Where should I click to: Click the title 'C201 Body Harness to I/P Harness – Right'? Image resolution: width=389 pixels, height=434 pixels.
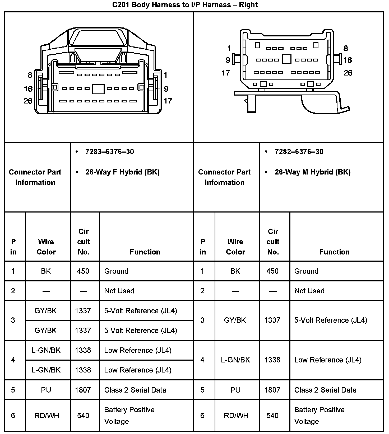coord(185,5)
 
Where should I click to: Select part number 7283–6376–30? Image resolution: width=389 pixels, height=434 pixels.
coord(109,152)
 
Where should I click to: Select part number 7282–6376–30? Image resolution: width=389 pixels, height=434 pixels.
coord(299,152)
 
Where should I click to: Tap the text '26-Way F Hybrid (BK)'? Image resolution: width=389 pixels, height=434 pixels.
coord(122,172)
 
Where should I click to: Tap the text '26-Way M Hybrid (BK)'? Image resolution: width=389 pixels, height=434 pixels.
coord(313,172)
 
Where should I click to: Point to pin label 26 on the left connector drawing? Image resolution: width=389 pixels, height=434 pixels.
coord(28,101)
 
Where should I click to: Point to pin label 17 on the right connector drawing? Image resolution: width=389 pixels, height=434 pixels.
coord(226,73)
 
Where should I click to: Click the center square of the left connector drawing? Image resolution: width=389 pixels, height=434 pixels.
coord(98,89)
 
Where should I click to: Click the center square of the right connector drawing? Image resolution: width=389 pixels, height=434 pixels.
coord(286,59)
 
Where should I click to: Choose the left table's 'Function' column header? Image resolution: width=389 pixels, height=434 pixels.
coord(145,252)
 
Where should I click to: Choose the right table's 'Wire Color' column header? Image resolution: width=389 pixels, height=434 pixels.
coord(235,247)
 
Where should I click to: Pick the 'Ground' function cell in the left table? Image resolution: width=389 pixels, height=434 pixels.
coord(116,271)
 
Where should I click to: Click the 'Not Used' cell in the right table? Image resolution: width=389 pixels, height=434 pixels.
coord(309,291)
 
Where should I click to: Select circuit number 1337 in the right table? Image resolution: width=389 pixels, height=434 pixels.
coord(272,320)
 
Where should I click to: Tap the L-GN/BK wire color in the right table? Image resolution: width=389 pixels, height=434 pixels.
coord(235,360)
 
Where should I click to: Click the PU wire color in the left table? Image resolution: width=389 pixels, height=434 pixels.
coord(46,390)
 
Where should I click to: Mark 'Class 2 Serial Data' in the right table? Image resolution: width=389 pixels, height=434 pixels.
coord(325,390)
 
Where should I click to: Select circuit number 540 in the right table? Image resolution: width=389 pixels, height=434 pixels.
coord(272,416)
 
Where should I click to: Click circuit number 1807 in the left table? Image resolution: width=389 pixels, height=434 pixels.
coord(83,390)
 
